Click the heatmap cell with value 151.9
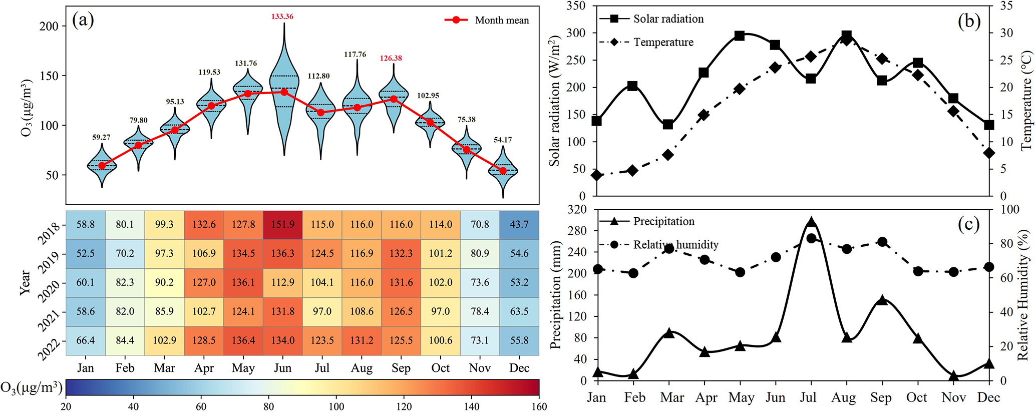tap(283, 224)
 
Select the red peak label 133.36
tap(282, 17)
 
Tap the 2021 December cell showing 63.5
tap(519, 311)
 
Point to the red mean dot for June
tap(284, 92)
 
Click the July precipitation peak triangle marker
tap(812, 223)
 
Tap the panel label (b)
tap(969, 21)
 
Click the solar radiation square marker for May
tap(740, 36)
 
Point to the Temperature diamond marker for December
tap(989, 153)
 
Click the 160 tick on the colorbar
tap(539, 406)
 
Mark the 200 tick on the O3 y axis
tap(49, 26)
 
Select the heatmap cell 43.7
tap(519, 224)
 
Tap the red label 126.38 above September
tap(391, 58)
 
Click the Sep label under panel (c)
tap(881, 397)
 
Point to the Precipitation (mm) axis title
tap(556, 295)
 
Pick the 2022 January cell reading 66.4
tap(85, 340)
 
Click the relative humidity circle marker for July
tap(812, 238)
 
